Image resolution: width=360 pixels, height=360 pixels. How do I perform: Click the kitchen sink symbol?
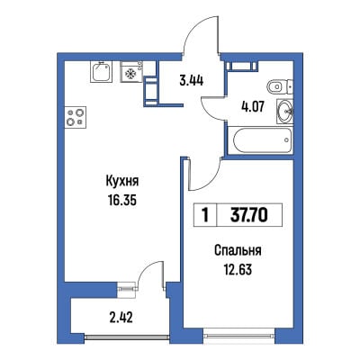(x=101, y=72)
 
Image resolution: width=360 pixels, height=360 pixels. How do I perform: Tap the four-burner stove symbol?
(x=76, y=117)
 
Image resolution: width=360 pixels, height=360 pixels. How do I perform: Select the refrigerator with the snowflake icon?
(x=131, y=72)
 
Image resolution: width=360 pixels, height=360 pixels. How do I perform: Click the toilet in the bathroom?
(x=280, y=87)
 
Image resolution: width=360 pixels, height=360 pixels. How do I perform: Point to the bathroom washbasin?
(x=284, y=112)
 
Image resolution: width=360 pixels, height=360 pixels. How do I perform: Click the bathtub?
(x=260, y=140)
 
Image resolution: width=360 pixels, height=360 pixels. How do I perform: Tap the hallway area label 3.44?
(x=191, y=81)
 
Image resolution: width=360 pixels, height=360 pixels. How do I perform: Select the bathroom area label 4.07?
(x=253, y=106)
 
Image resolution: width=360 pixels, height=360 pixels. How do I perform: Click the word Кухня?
(x=122, y=182)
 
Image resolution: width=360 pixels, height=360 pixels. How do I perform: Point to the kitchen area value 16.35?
(x=122, y=201)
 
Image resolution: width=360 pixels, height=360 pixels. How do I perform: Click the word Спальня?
(x=238, y=251)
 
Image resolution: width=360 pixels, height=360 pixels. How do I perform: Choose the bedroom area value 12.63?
(x=238, y=269)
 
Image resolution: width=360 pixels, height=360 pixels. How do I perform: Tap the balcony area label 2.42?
(x=121, y=317)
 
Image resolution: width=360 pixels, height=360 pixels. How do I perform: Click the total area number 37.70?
(x=248, y=215)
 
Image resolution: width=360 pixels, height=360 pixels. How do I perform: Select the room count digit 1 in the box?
(x=205, y=215)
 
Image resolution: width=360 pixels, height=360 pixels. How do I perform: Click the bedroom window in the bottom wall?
(x=239, y=332)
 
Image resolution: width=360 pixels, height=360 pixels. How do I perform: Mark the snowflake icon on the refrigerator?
(x=131, y=73)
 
